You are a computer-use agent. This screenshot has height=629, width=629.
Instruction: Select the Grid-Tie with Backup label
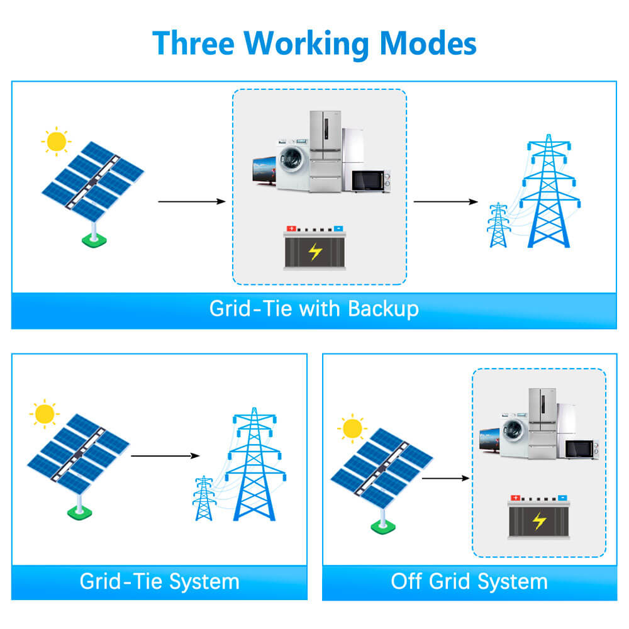pos(314,309)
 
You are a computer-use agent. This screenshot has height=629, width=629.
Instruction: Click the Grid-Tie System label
pos(159,581)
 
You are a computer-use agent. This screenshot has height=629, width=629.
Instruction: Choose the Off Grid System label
pos(469,581)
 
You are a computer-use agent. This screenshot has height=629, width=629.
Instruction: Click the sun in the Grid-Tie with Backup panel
pos(56,142)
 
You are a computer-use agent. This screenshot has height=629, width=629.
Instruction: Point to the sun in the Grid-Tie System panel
pos(45,415)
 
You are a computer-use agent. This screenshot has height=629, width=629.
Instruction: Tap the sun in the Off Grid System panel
pos(352,429)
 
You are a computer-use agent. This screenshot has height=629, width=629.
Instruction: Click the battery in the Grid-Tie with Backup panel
pos(315,248)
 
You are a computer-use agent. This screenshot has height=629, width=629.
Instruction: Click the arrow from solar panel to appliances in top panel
pos(191,201)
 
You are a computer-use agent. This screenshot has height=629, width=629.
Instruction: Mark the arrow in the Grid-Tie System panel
pos(165,455)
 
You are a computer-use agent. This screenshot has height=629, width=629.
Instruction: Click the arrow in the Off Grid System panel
pos(445,478)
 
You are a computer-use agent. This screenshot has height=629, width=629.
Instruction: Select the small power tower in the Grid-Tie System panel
pos(203,498)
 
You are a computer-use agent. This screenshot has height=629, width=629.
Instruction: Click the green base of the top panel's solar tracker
pos(94,240)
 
